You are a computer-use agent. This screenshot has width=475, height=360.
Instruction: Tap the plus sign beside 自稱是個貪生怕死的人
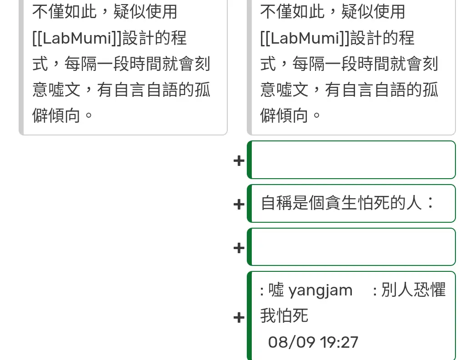tap(239, 204)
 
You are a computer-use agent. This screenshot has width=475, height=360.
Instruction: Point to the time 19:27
tap(339, 342)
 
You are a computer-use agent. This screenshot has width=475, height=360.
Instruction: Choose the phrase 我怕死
tap(284, 315)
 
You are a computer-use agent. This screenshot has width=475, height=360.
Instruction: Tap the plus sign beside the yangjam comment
tap(239, 317)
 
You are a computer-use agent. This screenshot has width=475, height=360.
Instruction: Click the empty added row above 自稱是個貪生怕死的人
tap(353, 160)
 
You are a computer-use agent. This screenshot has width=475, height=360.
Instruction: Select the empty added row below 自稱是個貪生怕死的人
tap(353, 247)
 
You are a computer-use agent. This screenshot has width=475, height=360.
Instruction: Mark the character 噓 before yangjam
tap(276, 290)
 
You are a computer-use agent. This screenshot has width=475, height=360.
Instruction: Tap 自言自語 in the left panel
tap(145, 90)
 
